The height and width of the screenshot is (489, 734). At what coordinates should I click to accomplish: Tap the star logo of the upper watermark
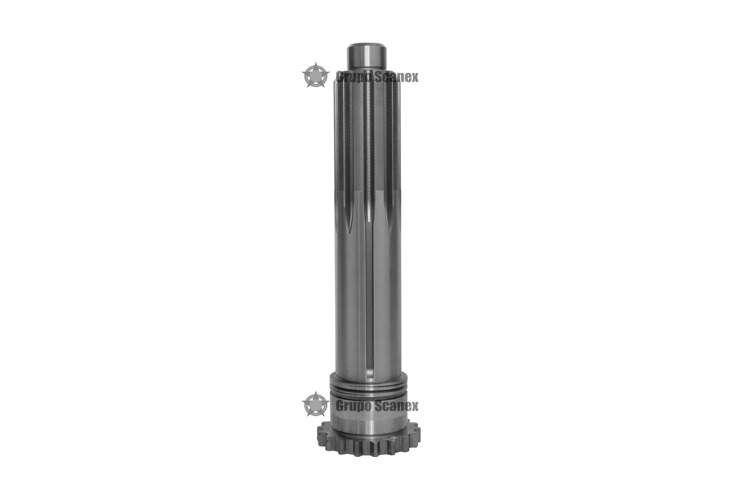315,75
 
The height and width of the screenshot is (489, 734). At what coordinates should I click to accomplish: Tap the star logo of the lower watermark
315,404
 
